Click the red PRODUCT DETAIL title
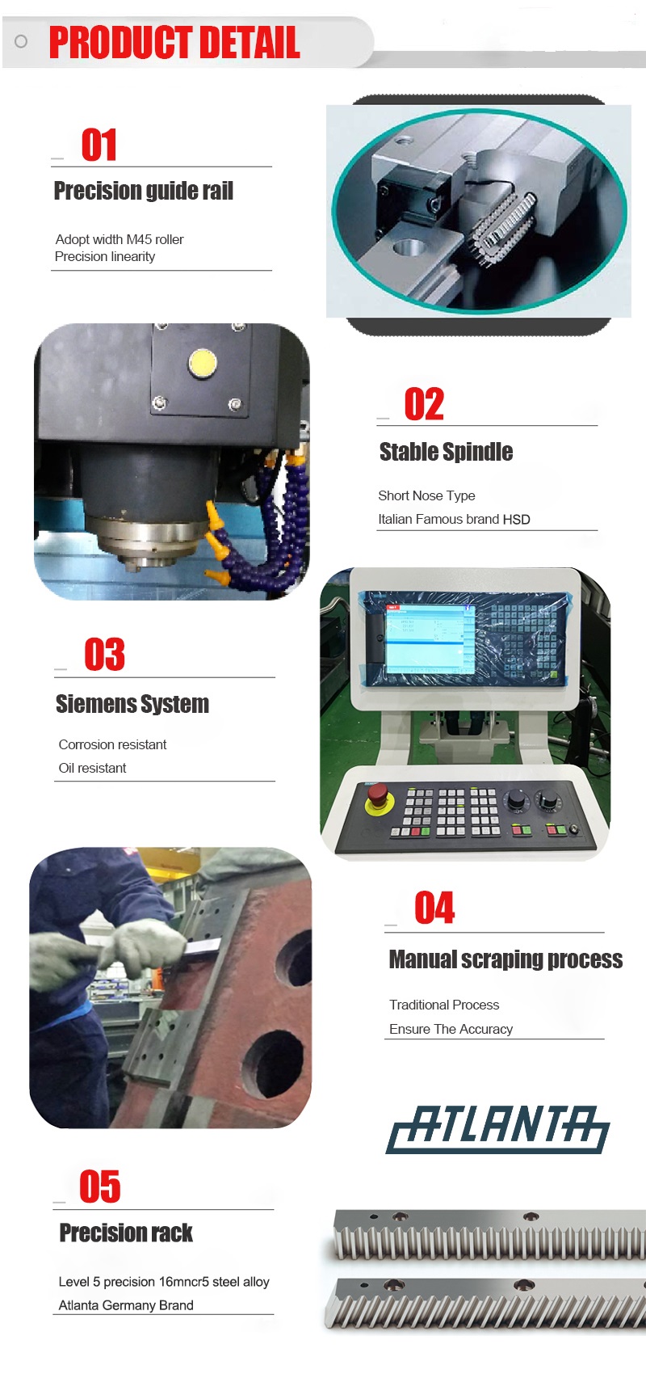[174, 42]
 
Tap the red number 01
[99, 145]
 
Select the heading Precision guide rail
[144, 191]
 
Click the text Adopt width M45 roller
[120, 239]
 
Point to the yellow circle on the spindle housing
[203, 363]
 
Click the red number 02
[424, 405]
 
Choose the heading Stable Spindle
[447, 452]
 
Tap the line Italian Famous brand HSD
[454, 520]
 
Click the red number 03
[105, 655]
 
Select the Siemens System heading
[132, 704]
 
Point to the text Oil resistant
[93, 768]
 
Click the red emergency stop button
[376, 794]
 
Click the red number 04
[434, 908]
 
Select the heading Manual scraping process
[505, 959]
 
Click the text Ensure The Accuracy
[451, 1029]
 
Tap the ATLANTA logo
[497, 1129]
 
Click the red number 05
[100, 1186]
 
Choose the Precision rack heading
[126, 1233]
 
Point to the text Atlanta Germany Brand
[126, 1305]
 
